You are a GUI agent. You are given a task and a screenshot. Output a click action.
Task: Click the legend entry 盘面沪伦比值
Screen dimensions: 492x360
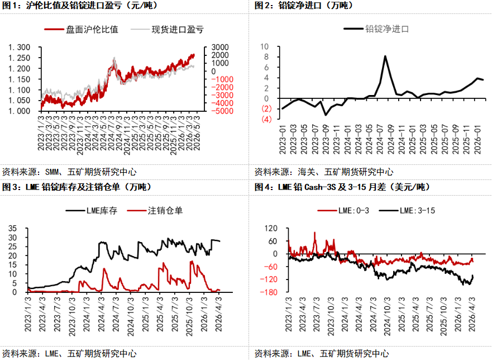click(82, 30)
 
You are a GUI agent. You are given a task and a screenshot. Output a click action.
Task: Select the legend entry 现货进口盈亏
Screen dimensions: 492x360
click(167, 30)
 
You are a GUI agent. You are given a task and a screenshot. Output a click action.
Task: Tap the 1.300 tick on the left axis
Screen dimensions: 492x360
click(20, 48)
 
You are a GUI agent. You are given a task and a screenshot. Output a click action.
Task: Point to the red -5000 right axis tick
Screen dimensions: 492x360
click(222, 111)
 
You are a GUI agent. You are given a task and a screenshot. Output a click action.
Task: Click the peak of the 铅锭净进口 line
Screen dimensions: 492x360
click(385, 56)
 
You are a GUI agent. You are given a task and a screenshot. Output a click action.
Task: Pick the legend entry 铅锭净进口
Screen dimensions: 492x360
click(376, 29)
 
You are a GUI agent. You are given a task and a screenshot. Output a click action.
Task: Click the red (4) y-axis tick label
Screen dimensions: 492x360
click(266, 119)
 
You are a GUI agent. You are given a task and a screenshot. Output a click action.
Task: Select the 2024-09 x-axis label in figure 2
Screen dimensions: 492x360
click(391, 139)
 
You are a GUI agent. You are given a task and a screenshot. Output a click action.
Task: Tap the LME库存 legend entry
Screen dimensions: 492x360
click(92, 211)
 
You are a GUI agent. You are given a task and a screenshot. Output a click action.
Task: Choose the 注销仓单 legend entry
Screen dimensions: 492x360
click(155, 211)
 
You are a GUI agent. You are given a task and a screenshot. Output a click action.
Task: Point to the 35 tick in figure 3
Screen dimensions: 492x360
click(12, 229)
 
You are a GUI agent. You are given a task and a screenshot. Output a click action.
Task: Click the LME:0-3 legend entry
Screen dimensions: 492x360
click(343, 211)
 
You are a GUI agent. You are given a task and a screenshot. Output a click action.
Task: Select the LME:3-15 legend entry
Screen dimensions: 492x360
click(407, 211)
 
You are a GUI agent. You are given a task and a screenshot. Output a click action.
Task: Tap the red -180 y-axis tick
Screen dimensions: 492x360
click(269, 292)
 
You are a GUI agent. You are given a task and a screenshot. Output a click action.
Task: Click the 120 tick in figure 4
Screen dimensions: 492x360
click(271, 229)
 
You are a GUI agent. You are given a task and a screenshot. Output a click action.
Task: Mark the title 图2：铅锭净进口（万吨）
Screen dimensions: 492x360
click(304, 6)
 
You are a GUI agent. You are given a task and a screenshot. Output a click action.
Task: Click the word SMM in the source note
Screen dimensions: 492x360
click(52, 172)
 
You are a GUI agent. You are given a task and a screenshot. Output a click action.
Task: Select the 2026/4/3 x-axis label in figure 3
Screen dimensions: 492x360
click(219, 314)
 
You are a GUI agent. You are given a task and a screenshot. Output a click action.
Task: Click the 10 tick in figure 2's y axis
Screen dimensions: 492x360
click(265, 47)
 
